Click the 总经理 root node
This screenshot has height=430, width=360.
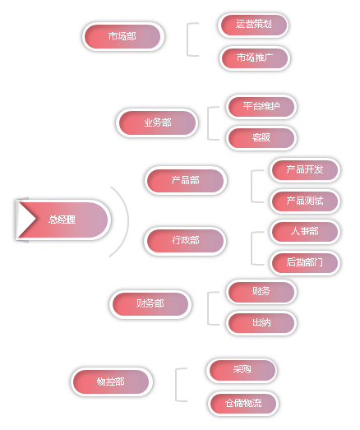(62, 220)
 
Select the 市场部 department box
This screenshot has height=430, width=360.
(122, 36)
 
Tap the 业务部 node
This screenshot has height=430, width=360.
(157, 123)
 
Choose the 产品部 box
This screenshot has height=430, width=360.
(186, 180)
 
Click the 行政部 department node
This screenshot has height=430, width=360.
(185, 241)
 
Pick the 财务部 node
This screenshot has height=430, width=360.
(150, 304)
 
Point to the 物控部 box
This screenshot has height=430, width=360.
(111, 381)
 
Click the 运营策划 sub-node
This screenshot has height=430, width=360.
(253, 25)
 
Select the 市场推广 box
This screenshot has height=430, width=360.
(255, 58)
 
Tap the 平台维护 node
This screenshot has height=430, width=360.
(261, 106)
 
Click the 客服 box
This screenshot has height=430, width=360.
(261, 138)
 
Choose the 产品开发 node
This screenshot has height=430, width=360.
(305, 170)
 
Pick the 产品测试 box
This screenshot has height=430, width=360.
(305, 201)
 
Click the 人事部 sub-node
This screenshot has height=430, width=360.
(305, 232)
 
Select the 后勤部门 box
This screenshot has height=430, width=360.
(305, 263)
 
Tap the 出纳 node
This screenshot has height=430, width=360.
(261, 323)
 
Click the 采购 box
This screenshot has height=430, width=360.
(242, 370)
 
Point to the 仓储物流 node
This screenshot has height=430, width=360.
(243, 404)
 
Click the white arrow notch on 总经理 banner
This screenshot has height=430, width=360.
(27, 220)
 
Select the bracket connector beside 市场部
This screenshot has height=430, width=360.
(187, 39)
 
